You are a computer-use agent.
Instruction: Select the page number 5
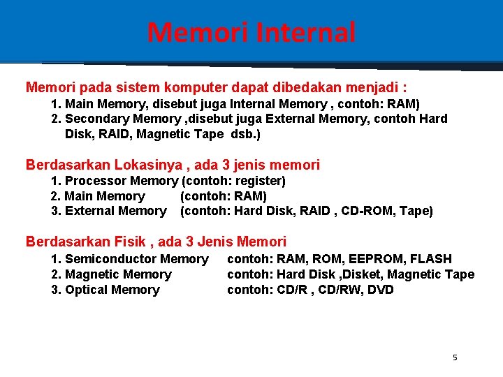coord(455,357)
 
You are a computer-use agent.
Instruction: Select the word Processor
coord(94,181)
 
